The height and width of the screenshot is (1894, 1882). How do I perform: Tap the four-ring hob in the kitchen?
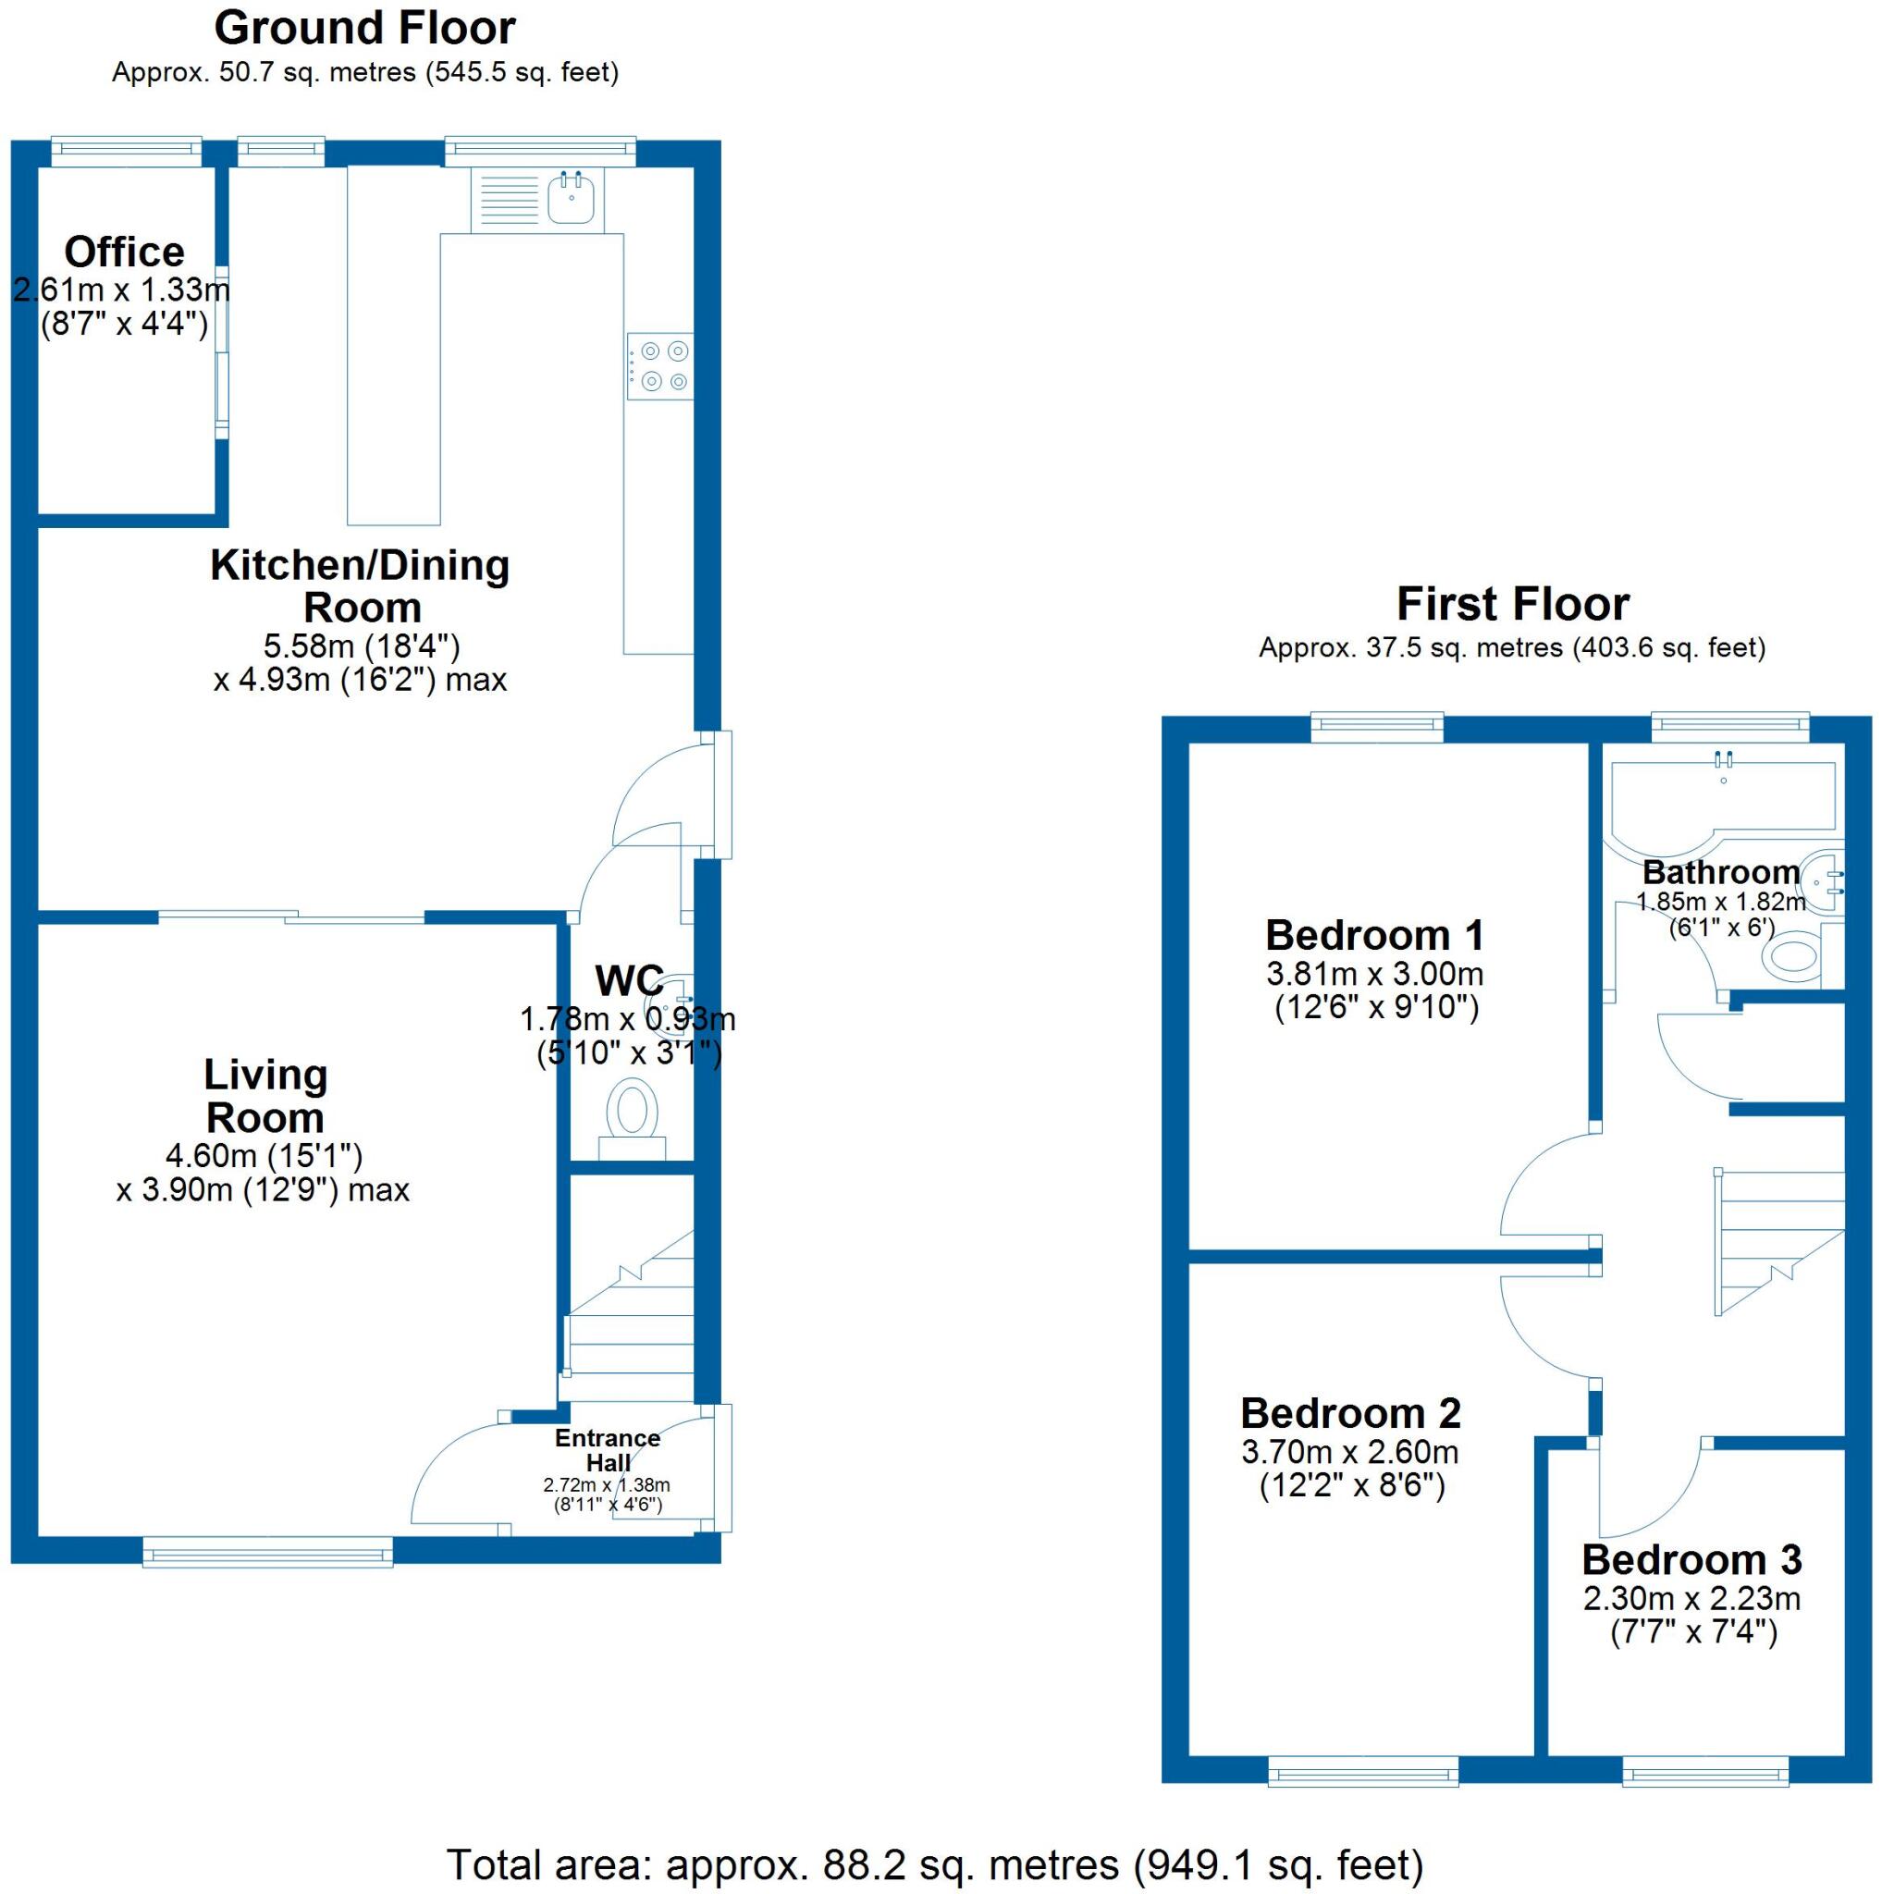click(660, 366)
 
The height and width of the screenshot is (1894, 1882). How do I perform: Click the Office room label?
click(125, 252)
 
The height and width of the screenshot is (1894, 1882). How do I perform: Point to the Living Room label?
click(264, 1096)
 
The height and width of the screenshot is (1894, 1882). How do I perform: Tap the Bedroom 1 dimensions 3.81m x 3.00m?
click(1374, 975)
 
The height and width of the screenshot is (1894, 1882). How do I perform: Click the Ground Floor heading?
click(364, 30)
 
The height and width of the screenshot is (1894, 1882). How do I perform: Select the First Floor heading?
click(1511, 604)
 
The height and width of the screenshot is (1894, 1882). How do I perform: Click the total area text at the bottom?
click(934, 1864)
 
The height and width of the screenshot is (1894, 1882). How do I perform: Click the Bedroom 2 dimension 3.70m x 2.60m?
click(1349, 1452)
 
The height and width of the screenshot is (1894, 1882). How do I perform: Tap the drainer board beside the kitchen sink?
click(507, 200)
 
